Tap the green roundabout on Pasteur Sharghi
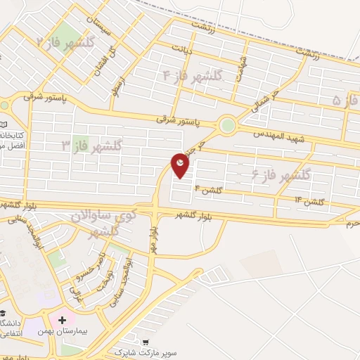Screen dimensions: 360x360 point(227,126)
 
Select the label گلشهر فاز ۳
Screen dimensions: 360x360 point(91,146)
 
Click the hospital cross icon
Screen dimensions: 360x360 point(63,319)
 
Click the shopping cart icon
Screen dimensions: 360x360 point(146,342)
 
